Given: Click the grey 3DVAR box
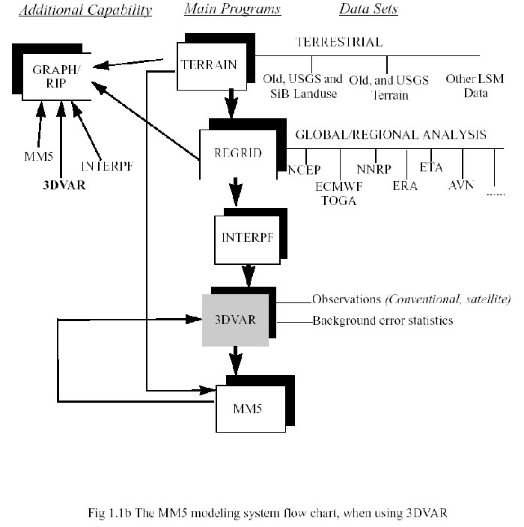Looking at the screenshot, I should tap(235, 319).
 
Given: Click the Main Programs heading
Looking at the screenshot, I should tap(232, 10).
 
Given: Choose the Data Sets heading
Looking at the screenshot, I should tap(368, 10).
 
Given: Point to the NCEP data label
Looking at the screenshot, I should tap(304, 170).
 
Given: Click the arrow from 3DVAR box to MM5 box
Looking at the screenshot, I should tap(235, 359).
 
